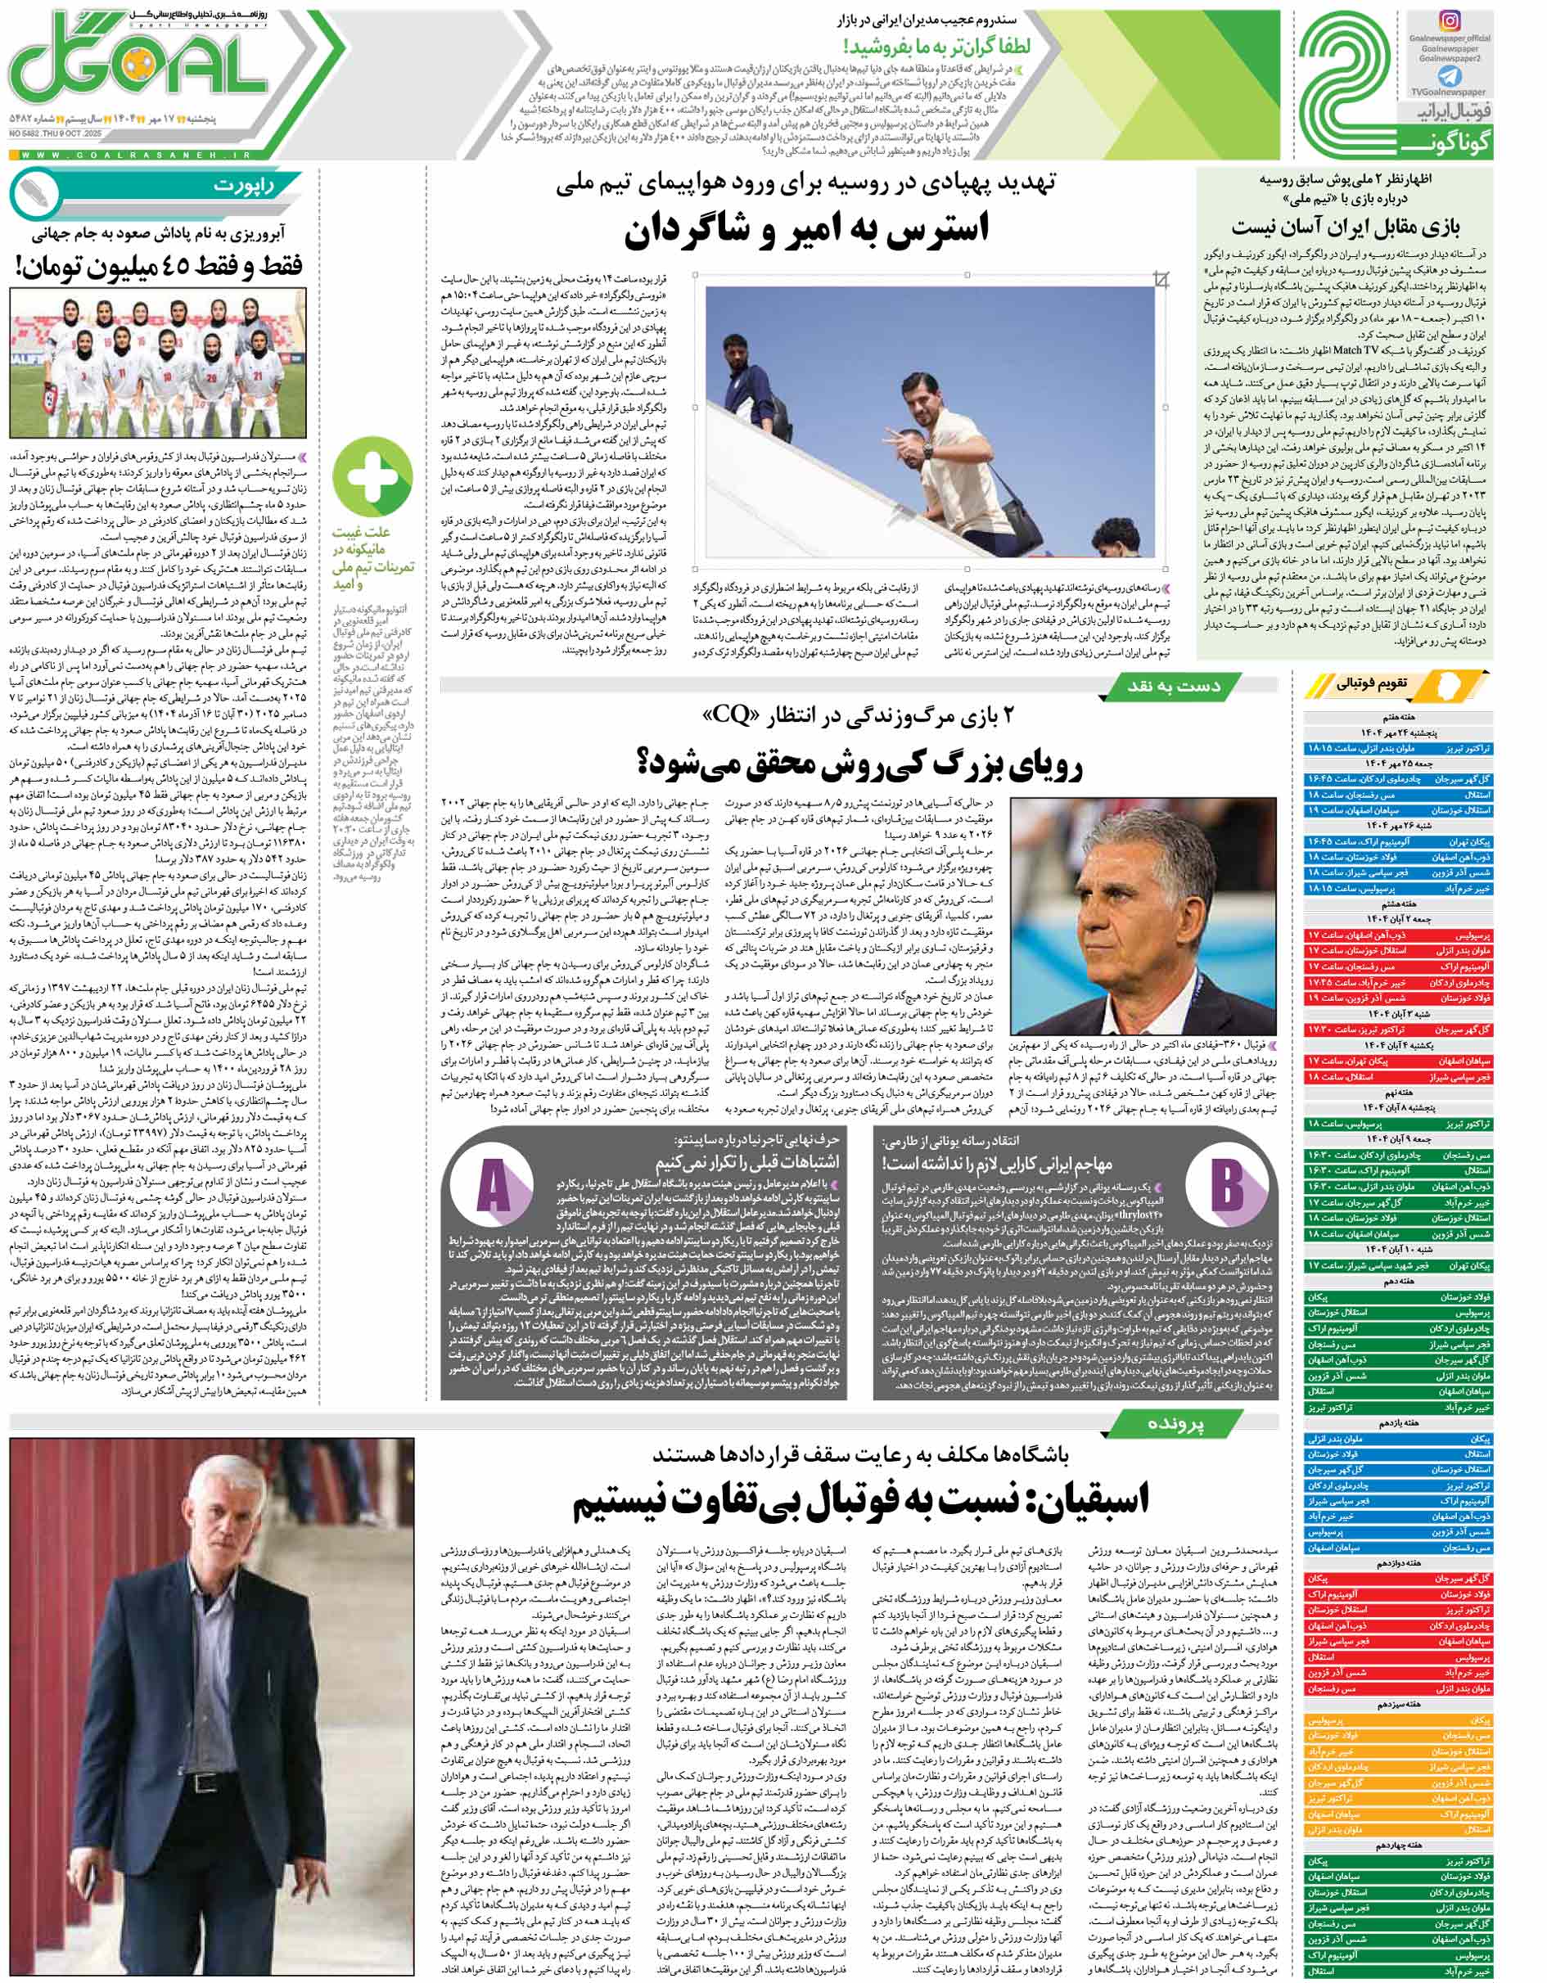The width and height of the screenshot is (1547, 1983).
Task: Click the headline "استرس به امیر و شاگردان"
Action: coord(805,228)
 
